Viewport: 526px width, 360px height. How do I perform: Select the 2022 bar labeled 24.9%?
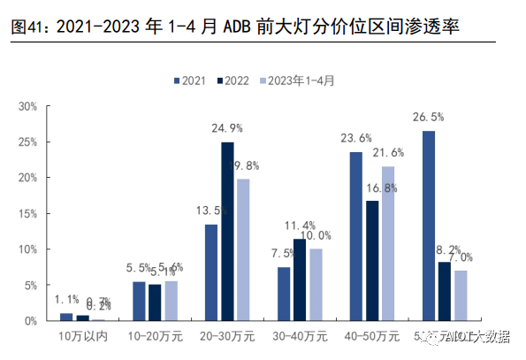pos(227,232)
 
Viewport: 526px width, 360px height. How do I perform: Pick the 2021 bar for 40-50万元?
pos(355,236)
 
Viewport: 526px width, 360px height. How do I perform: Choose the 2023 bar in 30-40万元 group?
pos(316,285)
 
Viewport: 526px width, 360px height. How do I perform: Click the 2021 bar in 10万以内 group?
pos(66,317)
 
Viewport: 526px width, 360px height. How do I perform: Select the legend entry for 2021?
pos(189,80)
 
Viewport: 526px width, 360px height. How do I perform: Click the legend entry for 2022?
pos(232,80)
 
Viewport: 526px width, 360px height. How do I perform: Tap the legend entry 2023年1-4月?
pos(297,80)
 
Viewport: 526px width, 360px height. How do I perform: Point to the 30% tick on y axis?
pos(27,106)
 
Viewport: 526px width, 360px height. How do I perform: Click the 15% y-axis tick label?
pos(27,213)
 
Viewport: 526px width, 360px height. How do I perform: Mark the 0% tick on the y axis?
pos(31,320)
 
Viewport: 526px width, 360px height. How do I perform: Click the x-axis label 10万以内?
pos(82,336)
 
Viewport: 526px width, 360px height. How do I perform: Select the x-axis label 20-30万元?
pos(227,336)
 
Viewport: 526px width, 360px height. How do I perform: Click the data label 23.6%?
pos(355,138)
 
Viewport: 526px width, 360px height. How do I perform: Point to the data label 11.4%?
pos(301,226)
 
